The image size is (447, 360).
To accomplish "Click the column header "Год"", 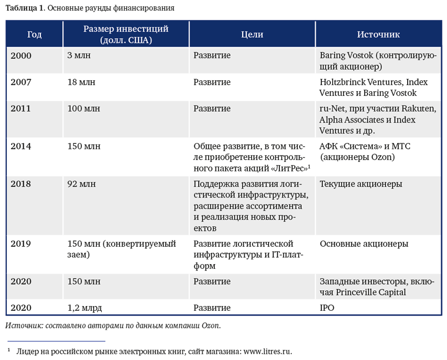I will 34,35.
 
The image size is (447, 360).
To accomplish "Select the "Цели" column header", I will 252,35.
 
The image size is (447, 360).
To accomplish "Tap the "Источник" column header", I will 378,35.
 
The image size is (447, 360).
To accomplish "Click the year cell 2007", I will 21,82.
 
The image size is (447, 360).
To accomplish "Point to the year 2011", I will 21,109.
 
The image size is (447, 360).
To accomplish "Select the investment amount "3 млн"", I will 79,56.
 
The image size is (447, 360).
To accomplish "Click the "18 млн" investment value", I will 81,82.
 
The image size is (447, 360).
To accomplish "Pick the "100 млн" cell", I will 84,109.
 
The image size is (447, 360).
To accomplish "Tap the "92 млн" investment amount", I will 82,184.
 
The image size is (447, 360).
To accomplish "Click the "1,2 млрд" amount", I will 85,308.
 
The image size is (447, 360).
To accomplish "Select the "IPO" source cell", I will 326,308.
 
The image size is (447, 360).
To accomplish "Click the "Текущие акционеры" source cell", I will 361,184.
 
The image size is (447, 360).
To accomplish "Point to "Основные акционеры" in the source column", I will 364,244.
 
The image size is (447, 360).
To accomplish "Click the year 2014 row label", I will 21,146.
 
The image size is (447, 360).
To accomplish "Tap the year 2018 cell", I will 21,184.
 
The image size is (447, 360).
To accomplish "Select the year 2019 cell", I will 21,244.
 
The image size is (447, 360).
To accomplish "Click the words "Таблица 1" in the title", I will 21,8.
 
